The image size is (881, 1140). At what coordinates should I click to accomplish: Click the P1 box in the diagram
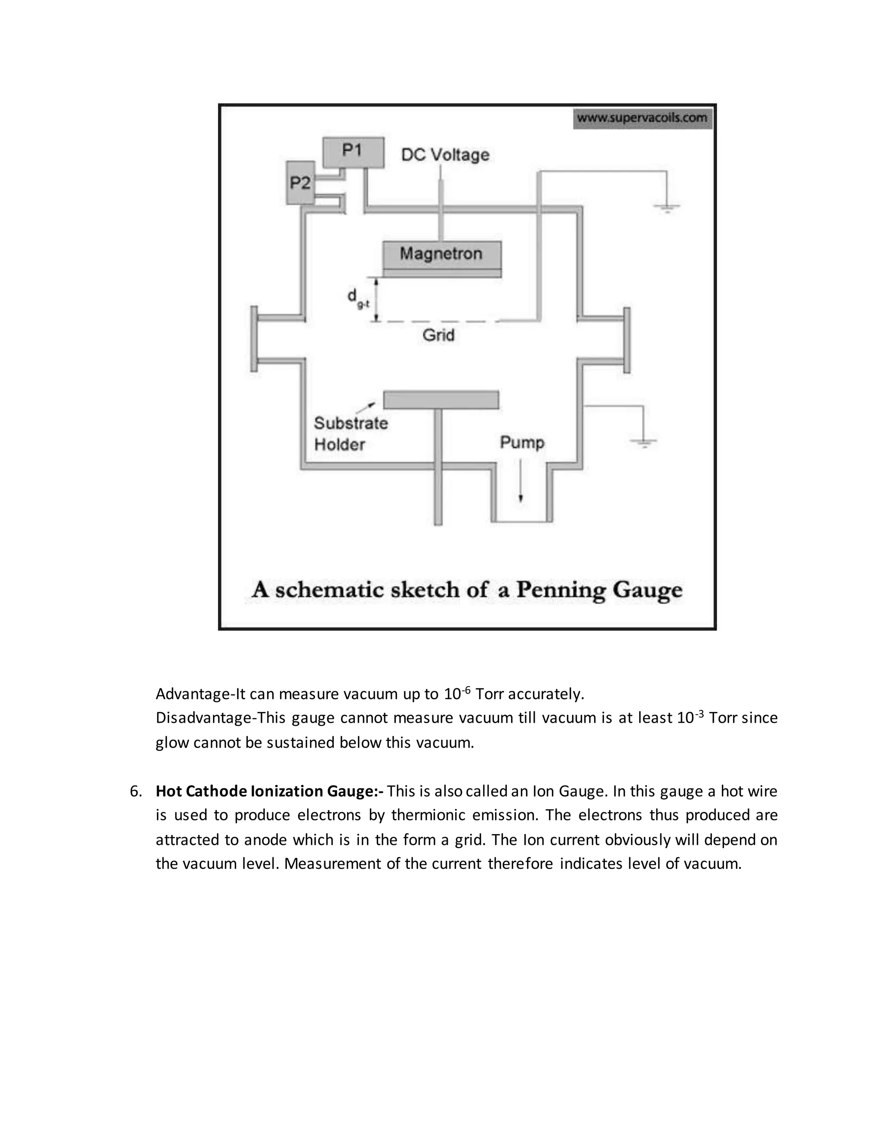click(x=353, y=152)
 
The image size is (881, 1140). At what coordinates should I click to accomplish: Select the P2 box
click(x=301, y=183)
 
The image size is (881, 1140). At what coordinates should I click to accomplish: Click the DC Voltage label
click(x=445, y=154)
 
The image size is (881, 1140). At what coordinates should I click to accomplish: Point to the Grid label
click(x=438, y=335)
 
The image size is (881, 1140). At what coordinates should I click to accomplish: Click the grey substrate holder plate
click(x=441, y=400)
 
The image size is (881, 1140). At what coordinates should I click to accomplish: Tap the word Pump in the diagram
click(x=522, y=443)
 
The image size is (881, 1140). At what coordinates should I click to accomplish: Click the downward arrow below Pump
click(x=521, y=480)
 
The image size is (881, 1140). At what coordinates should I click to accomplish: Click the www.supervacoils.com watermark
click(x=643, y=118)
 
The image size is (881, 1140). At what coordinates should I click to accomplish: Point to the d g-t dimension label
click(x=357, y=299)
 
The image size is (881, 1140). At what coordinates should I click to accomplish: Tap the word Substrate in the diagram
click(x=351, y=423)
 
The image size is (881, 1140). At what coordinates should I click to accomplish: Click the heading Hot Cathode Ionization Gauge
click(x=269, y=791)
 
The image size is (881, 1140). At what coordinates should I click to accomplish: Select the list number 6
click(x=135, y=791)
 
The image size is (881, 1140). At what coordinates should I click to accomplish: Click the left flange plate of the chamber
click(x=254, y=339)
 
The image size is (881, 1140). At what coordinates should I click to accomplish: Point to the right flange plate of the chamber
click(x=627, y=340)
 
